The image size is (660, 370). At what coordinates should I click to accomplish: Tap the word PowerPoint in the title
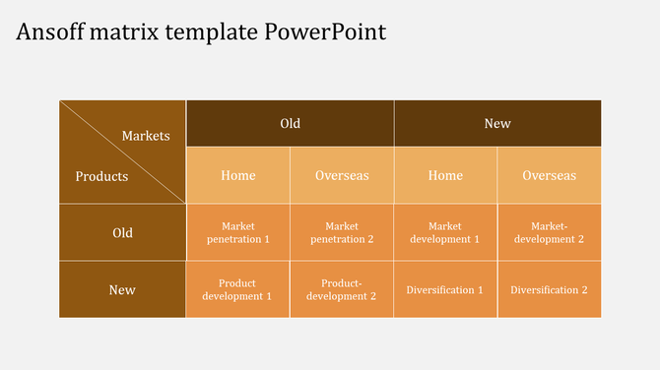tap(325, 31)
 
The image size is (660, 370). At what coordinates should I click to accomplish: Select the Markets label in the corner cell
tap(146, 136)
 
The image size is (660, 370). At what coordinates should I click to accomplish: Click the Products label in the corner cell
tap(102, 177)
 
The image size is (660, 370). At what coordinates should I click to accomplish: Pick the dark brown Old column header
tap(290, 123)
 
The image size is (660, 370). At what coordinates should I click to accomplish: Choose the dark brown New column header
tap(497, 123)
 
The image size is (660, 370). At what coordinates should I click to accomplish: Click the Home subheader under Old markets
tap(238, 175)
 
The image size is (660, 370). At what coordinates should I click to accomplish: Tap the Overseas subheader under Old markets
tap(342, 175)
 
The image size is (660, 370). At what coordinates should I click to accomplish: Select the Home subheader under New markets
tap(445, 175)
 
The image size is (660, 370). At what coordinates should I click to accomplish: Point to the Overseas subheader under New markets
tap(549, 175)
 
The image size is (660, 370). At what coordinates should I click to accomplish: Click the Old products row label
tap(122, 233)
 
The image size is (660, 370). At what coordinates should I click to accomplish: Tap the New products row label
tap(122, 290)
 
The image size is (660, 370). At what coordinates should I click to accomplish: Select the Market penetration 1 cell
tap(238, 233)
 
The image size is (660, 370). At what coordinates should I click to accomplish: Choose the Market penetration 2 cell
tap(342, 233)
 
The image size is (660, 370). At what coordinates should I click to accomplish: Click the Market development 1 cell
tap(445, 233)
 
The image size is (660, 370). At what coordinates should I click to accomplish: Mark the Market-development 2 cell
tap(549, 233)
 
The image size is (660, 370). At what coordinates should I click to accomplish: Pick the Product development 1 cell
tap(238, 290)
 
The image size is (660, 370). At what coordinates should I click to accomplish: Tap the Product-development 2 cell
tap(342, 290)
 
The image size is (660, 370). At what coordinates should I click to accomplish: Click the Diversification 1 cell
tap(445, 290)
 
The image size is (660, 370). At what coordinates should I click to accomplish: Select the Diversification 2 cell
tap(549, 290)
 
